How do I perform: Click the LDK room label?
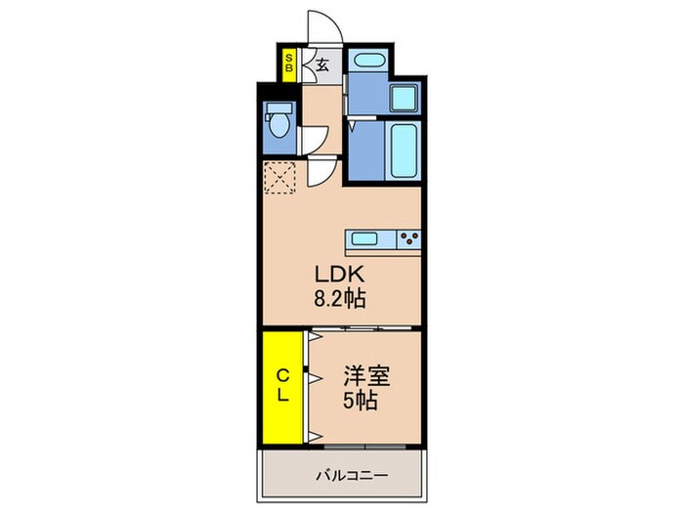(x=339, y=275)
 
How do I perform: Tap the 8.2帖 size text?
(x=339, y=299)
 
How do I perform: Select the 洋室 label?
(x=366, y=376)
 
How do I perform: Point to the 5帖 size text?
(x=360, y=400)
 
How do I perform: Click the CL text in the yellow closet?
(x=283, y=385)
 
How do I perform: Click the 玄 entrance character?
(x=321, y=65)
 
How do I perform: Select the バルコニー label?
(x=352, y=475)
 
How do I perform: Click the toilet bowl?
(x=279, y=125)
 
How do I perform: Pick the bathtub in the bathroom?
(x=403, y=150)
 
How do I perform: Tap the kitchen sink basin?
(x=364, y=238)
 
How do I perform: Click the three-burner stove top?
(x=408, y=239)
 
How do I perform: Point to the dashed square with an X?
(x=280, y=177)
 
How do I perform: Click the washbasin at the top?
(x=369, y=60)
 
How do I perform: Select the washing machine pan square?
(x=405, y=98)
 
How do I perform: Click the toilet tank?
(x=279, y=107)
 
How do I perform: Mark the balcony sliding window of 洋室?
(x=365, y=447)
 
